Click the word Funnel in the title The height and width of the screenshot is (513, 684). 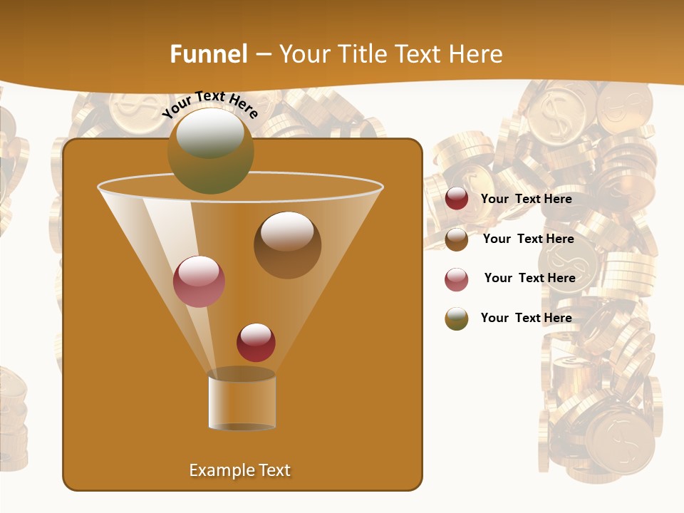208,54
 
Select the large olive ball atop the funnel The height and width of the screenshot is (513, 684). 210,150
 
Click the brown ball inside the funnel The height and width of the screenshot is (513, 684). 287,244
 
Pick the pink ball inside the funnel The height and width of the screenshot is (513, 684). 199,281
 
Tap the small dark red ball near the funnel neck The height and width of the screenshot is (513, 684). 256,342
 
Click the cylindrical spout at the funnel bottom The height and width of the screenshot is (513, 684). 242,402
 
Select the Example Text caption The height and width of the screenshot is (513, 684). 240,470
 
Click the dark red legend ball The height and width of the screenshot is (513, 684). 457,199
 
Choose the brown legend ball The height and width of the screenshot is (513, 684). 457,239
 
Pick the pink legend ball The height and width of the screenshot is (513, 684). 457,279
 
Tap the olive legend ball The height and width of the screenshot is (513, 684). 457,318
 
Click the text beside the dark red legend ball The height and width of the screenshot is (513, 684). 526,199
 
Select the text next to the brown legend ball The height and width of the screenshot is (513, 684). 528,239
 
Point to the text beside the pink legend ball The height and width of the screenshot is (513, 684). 529,278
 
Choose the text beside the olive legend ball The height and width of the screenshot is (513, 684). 526,318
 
